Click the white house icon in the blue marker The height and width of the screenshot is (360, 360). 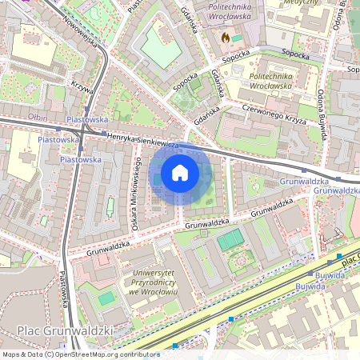coord(180,173)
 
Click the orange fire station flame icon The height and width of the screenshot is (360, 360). coord(225,37)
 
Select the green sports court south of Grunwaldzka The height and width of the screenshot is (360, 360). coord(230,238)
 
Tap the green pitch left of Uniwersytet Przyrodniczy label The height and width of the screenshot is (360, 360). coord(106,298)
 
